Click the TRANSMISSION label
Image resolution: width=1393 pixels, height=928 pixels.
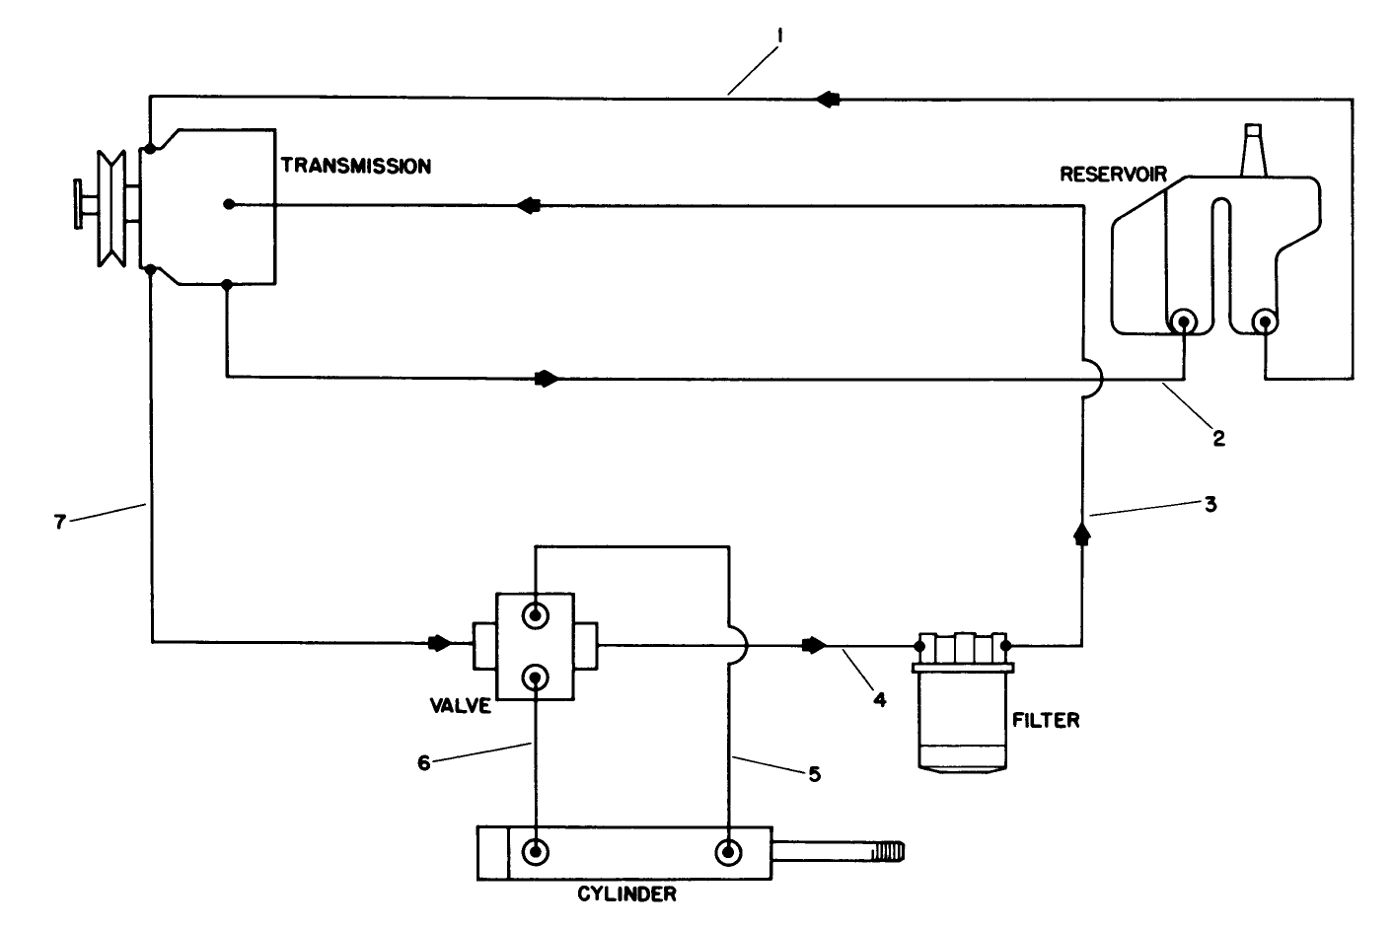pyautogui.click(x=356, y=166)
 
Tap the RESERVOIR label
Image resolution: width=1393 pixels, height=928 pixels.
pyautogui.click(x=1113, y=175)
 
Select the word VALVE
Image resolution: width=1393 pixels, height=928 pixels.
pyautogui.click(x=460, y=706)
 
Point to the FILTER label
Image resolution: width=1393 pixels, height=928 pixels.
pyautogui.click(x=1046, y=720)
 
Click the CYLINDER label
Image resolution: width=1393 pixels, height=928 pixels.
pyautogui.click(x=626, y=895)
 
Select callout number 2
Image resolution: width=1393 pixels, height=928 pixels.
pyautogui.click(x=1218, y=439)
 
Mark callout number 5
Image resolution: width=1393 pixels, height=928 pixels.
pyautogui.click(x=814, y=774)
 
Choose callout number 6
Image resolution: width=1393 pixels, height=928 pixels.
pyautogui.click(x=424, y=762)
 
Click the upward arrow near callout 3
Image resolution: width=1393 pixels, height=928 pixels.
pyautogui.click(x=1082, y=534)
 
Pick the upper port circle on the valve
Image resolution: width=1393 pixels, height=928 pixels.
pyautogui.click(x=535, y=616)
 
